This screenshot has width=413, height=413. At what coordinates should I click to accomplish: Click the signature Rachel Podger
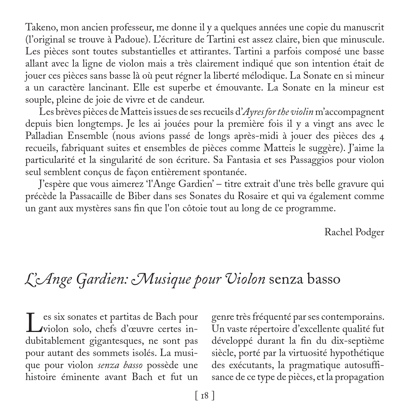pyautogui.click(x=354, y=232)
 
